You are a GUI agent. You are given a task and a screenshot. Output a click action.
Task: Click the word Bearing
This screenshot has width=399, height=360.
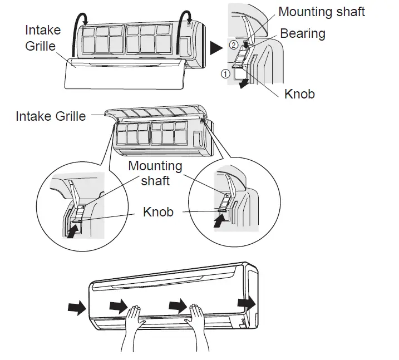pos(302,33)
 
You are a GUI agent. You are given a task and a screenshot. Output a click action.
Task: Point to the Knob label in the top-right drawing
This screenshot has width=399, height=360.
pos(299,94)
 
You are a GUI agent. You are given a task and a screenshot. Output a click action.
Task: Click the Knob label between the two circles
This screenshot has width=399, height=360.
pos(158,211)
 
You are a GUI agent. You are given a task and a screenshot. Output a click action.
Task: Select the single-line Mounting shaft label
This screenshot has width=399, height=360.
pos(321,12)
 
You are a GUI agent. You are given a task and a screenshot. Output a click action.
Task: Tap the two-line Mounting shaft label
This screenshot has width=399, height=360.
pos(155,173)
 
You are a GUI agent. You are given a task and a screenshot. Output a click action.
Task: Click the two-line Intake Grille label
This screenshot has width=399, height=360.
pos(42,37)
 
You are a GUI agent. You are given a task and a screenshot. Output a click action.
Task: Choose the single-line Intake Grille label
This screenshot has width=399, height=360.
pos(51,116)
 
